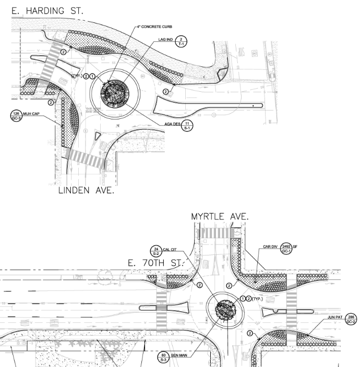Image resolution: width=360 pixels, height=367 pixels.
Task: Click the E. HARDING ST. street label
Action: [x=47, y=11]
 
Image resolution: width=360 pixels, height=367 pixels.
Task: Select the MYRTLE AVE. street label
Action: [x=219, y=216]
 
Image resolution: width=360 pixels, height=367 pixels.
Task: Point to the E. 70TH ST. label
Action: [x=154, y=263]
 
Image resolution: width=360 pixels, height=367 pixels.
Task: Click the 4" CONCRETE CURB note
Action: [x=154, y=26]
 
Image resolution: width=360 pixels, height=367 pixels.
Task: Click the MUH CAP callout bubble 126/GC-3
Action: [x=15, y=115]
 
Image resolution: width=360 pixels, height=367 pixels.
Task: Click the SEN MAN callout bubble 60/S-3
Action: [x=163, y=357]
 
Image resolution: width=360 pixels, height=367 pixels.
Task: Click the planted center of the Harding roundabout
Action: [x=115, y=94]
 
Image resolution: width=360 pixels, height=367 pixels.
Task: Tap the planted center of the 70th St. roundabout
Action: [x=227, y=312]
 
